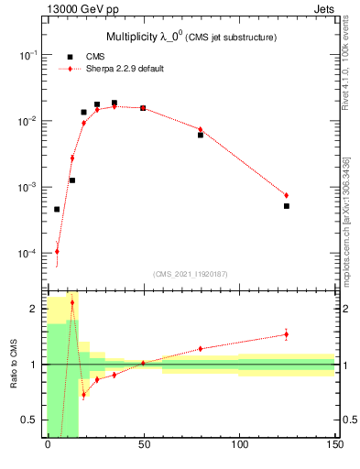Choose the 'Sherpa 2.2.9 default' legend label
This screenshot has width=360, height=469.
tap(125, 69)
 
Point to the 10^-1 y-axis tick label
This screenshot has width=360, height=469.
tap(28, 56)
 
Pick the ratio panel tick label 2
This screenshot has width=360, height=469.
tap(34, 309)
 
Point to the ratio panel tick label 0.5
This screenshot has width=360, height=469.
tap(30, 420)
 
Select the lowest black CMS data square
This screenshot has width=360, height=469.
tap(57, 209)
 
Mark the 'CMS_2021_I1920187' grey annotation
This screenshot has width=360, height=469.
tap(190, 274)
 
